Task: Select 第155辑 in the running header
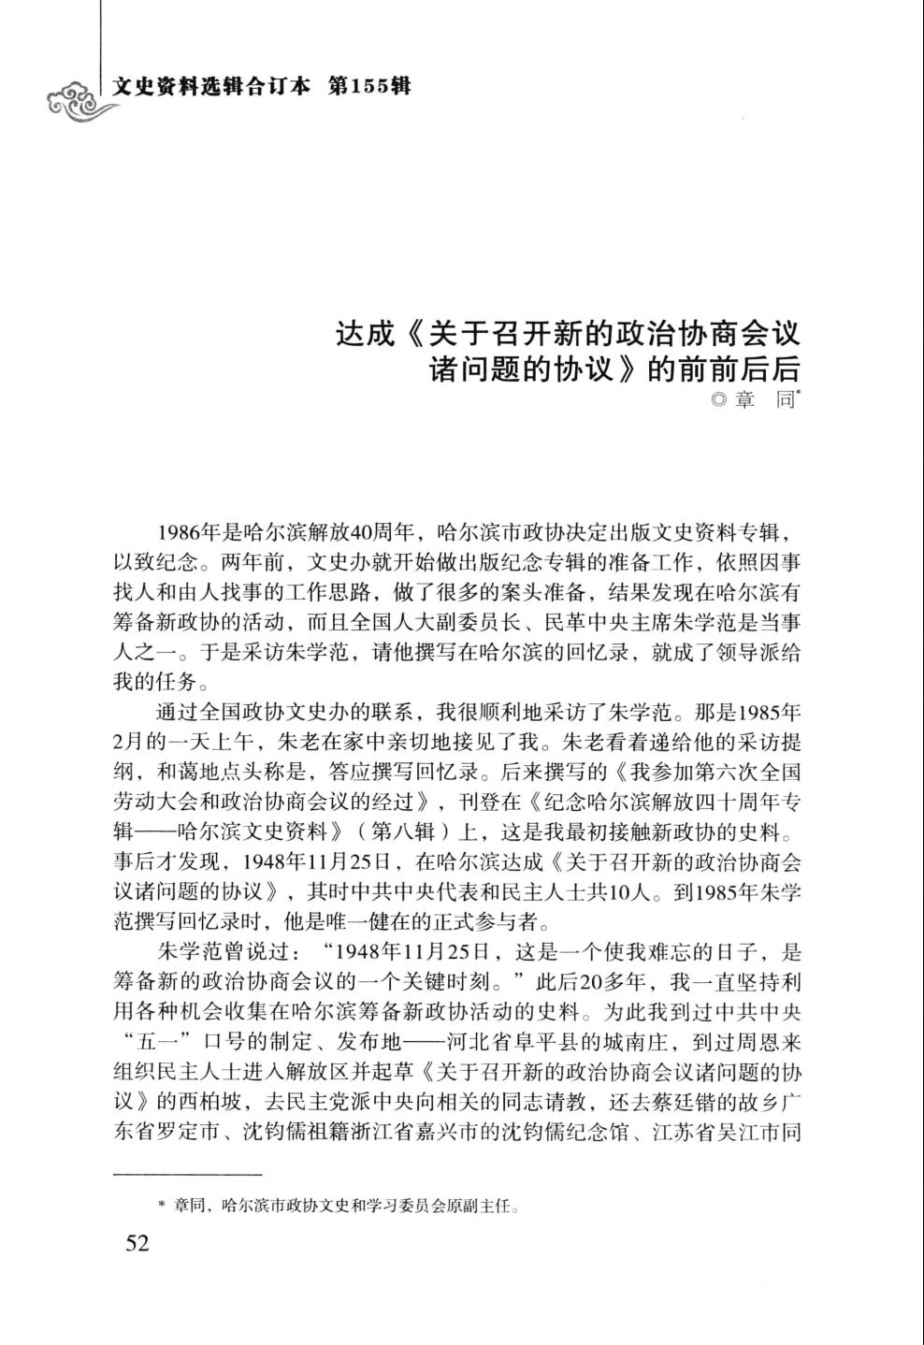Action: pos(370,88)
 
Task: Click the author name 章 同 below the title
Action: pos(764,401)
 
